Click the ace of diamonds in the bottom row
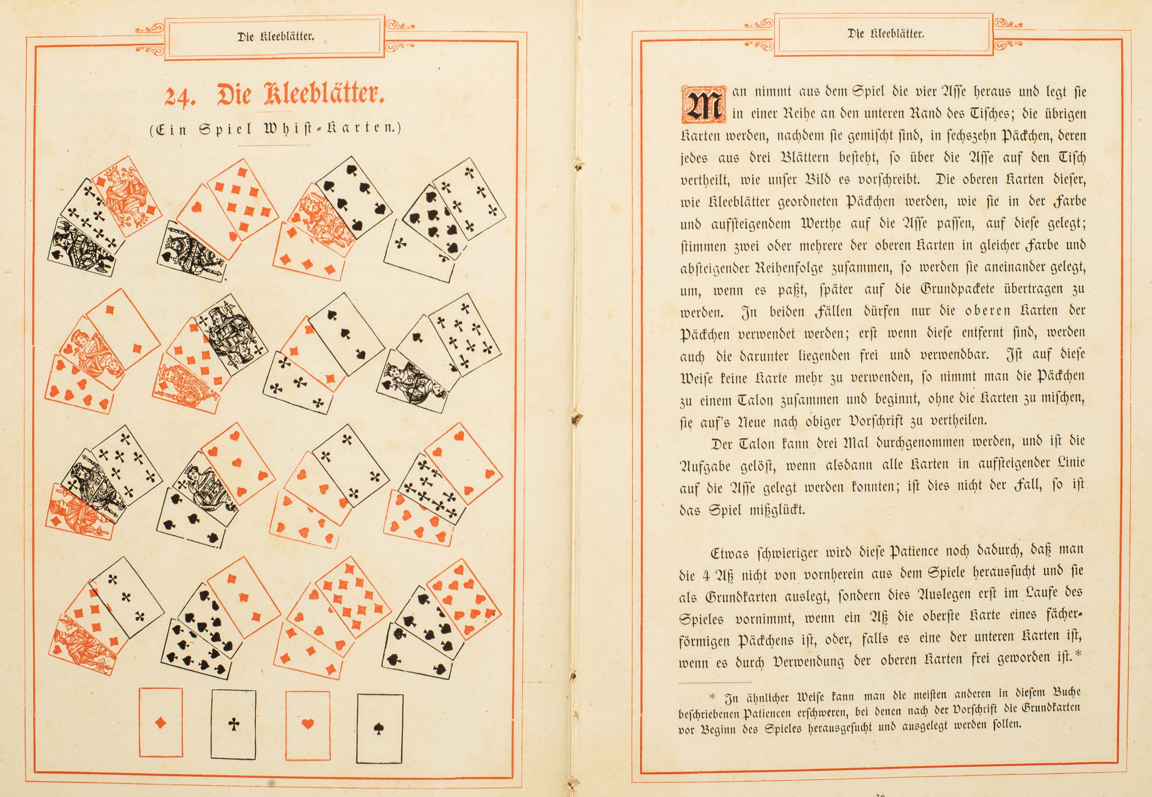(x=160, y=722)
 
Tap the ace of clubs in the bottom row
(x=233, y=724)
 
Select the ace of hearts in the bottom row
(x=308, y=724)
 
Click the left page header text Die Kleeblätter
(x=276, y=36)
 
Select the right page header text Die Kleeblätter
(x=886, y=34)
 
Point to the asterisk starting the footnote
(x=712, y=697)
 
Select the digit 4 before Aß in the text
(x=706, y=575)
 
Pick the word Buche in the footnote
(x=1067, y=692)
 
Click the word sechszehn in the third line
(x=974, y=136)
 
